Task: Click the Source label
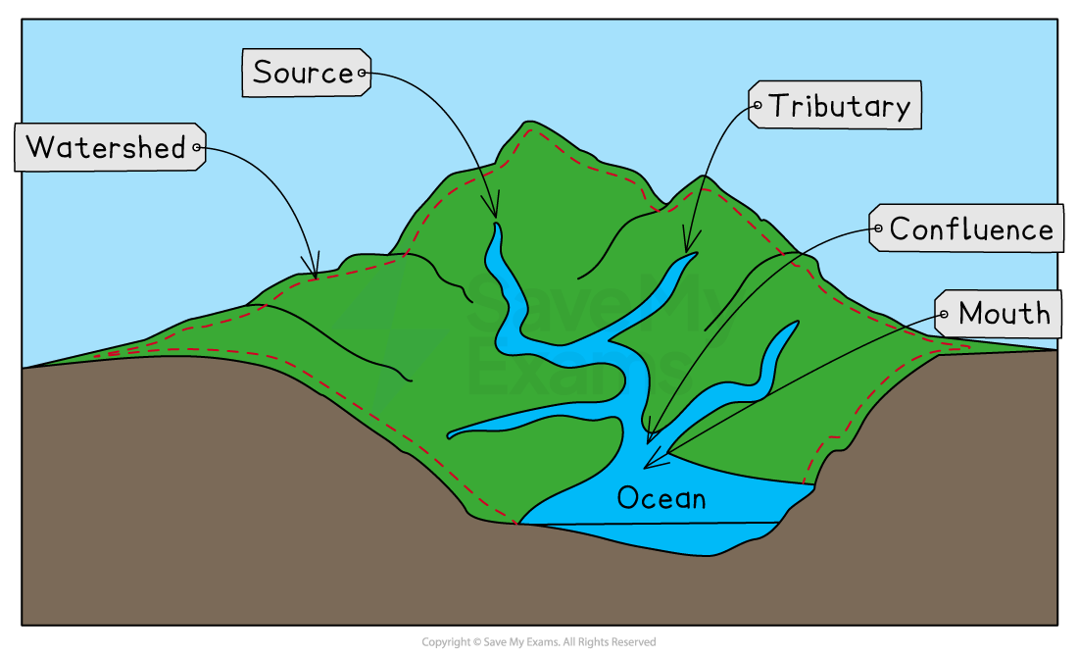307,73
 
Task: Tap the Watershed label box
110,147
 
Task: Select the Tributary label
835,105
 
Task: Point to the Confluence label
966,228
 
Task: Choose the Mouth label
998,314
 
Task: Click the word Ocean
661,498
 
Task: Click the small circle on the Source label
362,73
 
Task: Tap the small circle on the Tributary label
758,105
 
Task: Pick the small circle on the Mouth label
944,314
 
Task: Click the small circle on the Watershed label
197,147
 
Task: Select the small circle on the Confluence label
878,228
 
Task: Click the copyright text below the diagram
539,642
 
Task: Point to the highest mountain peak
528,123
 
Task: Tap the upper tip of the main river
496,224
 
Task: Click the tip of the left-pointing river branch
450,435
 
